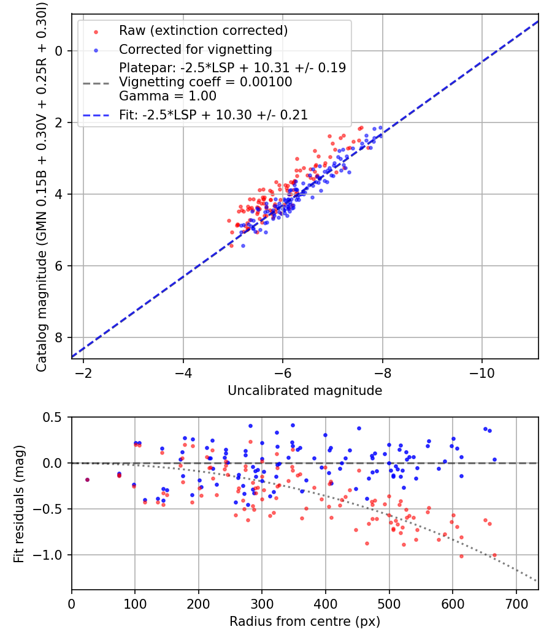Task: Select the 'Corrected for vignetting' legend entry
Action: (195, 49)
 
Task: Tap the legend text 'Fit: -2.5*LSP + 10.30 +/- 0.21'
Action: (213, 115)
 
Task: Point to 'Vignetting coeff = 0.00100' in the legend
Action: (205, 82)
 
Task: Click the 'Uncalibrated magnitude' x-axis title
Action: (305, 391)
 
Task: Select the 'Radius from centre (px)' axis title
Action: (305, 622)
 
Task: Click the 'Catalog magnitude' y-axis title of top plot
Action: (41, 186)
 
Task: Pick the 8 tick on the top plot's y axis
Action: (59, 337)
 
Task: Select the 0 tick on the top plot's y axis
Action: (59, 51)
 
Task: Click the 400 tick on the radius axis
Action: (325, 603)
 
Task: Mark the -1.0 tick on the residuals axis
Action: (52, 555)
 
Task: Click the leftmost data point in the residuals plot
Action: (87, 479)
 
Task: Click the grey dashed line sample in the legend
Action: (96, 82)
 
